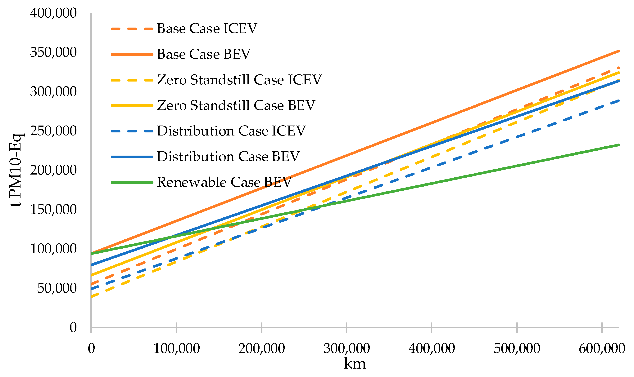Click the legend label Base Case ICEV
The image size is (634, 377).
point(207,29)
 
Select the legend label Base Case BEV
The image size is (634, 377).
point(204,54)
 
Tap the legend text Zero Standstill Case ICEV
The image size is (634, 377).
point(239,80)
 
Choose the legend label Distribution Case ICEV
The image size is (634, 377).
point(231,131)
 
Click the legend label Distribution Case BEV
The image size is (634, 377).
point(228,157)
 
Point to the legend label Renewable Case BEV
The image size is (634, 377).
point(224,182)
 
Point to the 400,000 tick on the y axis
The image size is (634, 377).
point(53,13)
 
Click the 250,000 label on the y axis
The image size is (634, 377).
point(53,131)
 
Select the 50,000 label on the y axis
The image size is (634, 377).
point(57,288)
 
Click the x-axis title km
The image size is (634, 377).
point(355,364)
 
